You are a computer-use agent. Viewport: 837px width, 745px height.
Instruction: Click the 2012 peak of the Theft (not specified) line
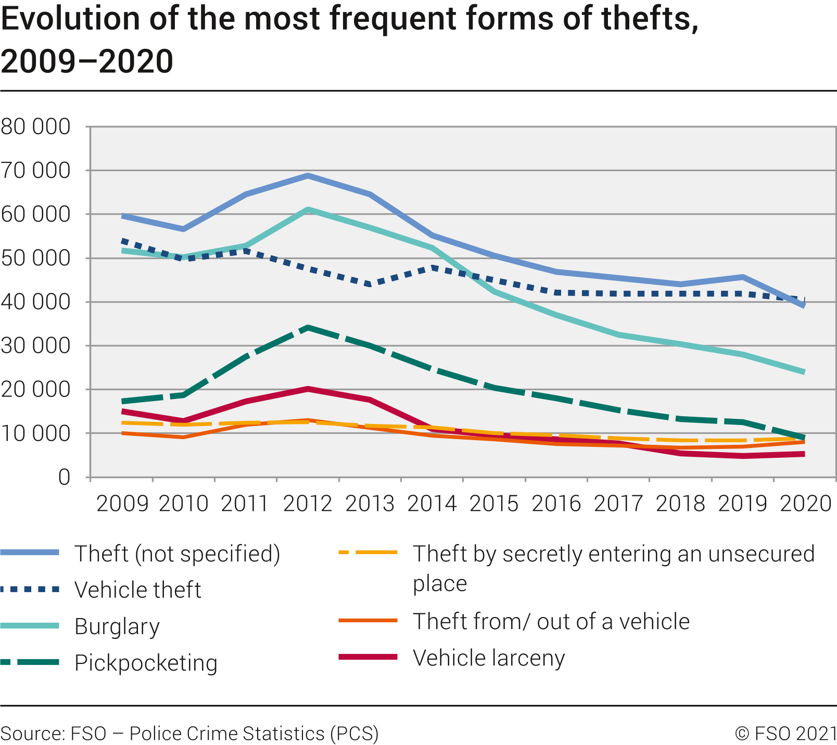pyautogui.click(x=308, y=176)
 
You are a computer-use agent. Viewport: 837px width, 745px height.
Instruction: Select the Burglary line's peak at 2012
pyautogui.click(x=308, y=210)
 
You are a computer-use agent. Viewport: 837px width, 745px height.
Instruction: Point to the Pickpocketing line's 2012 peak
pyautogui.click(x=308, y=328)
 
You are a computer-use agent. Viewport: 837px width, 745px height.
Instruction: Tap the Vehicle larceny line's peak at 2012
pyautogui.click(x=308, y=389)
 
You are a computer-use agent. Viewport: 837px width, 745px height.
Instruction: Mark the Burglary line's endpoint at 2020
pyautogui.click(x=804, y=372)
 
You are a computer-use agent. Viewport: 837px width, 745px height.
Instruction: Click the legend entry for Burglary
pyautogui.click(x=117, y=626)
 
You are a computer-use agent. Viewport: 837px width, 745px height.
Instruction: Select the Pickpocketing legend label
pyautogui.click(x=146, y=663)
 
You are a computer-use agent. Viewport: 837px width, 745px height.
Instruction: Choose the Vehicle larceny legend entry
pyautogui.click(x=488, y=658)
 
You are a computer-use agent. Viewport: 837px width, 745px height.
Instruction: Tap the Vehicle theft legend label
pyautogui.click(x=137, y=590)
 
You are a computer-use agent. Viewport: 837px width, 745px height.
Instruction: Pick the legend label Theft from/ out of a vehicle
pyautogui.click(x=551, y=621)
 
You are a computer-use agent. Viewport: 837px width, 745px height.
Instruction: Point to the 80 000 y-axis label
pyautogui.click(x=35, y=126)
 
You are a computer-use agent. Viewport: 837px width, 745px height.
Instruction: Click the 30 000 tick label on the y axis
pyautogui.click(x=35, y=346)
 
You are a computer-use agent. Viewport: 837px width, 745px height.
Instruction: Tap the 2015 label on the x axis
pyautogui.click(x=494, y=504)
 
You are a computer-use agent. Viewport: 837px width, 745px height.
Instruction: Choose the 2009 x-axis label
pyautogui.click(x=122, y=504)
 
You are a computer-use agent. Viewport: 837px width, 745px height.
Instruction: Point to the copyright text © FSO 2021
pyautogui.click(x=785, y=733)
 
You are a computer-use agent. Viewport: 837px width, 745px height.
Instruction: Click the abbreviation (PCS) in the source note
pyautogui.click(x=354, y=733)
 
